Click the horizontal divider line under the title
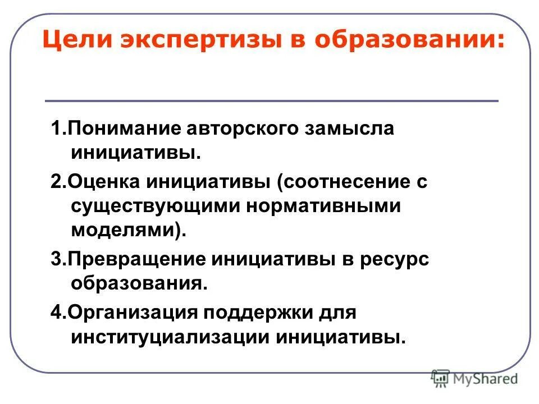(x=272, y=101)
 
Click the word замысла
(x=349, y=128)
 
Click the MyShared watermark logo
(x=474, y=379)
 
